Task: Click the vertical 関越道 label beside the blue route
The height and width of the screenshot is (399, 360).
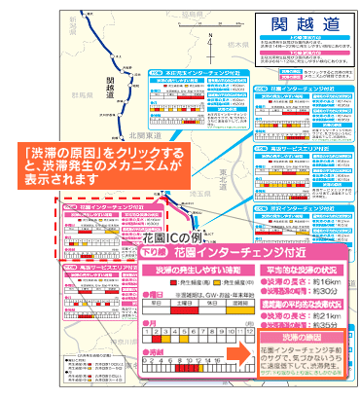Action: [x=111, y=88]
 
